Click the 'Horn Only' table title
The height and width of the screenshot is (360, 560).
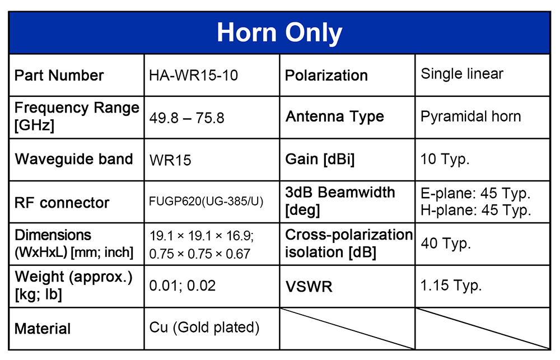[279, 33]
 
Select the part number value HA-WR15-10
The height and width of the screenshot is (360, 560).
[194, 76]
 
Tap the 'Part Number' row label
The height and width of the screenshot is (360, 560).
[59, 76]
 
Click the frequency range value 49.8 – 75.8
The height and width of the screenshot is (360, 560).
[187, 118]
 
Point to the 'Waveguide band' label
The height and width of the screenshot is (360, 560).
[74, 159]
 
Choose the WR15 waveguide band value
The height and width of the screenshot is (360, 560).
[170, 160]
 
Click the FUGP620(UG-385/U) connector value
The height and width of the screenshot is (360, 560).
[206, 202]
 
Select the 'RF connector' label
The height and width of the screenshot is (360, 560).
[62, 203]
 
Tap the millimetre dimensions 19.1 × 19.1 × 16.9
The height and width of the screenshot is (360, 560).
[202, 236]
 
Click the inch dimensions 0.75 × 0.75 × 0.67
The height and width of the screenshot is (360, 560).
[200, 254]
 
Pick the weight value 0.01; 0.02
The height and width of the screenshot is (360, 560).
[183, 286]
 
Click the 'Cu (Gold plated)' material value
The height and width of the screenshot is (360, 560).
[204, 328]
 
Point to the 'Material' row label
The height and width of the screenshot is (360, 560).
[43, 329]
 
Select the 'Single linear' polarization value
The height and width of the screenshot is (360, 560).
[462, 74]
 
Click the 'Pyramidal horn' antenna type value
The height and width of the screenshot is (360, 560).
[471, 117]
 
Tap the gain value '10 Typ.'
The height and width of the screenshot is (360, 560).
[445, 159]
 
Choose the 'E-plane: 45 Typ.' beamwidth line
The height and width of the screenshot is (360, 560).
[475, 194]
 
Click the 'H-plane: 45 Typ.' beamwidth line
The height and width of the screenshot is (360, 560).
[475, 210]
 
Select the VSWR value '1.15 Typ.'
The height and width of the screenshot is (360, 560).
[451, 286]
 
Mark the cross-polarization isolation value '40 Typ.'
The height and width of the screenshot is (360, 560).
[446, 244]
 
